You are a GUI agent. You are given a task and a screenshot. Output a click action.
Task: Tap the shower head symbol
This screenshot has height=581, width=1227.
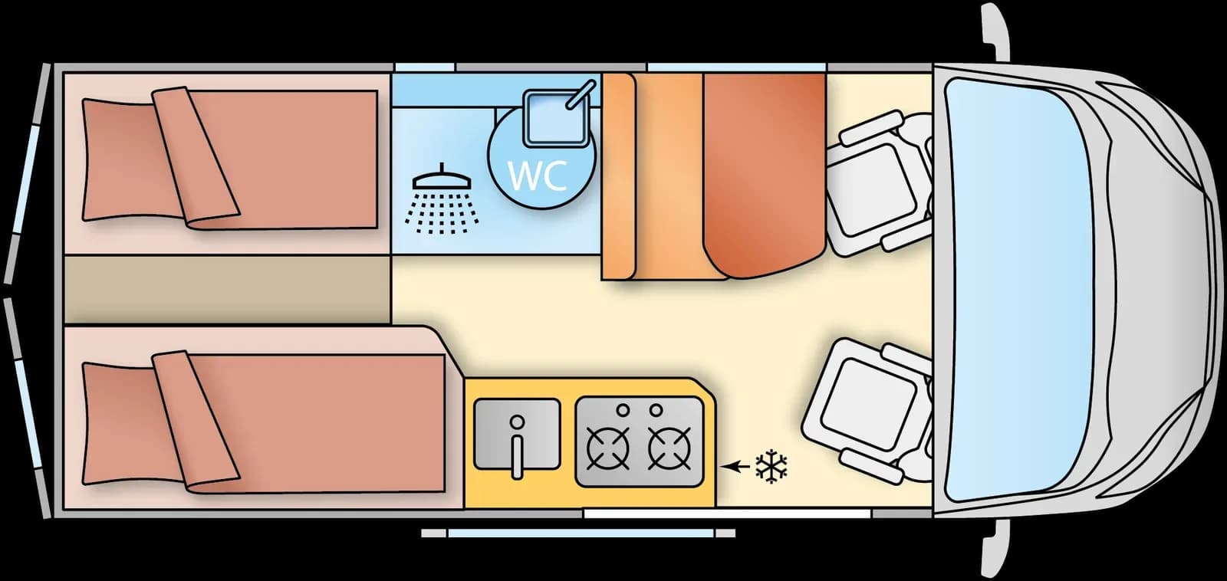pyautogui.click(x=442, y=199)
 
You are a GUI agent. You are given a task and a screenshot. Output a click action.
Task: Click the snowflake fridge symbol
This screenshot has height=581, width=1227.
pyautogui.click(x=771, y=467)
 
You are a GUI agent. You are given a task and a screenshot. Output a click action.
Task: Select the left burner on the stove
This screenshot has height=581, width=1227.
pyautogui.click(x=607, y=448)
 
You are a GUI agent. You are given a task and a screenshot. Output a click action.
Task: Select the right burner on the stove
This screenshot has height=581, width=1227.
pyautogui.click(x=669, y=448)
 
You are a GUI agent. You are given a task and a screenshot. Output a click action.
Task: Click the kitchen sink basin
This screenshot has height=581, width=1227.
pyautogui.click(x=517, y=435)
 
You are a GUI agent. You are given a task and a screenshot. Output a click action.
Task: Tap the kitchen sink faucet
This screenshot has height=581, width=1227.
pyautogui.click(x=517, y=446)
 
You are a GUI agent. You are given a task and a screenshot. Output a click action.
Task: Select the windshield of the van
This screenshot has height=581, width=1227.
pyautogui.click(x=1016, y=290)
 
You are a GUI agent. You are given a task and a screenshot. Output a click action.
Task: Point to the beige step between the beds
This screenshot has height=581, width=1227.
pyautogui.click(x=227, y=290)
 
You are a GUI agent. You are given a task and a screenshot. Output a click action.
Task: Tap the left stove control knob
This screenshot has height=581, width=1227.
pyautogui.click(x=623, y=409)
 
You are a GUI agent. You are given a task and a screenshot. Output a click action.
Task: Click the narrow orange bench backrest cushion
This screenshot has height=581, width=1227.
pyautogui.click(x=618, y=177)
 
